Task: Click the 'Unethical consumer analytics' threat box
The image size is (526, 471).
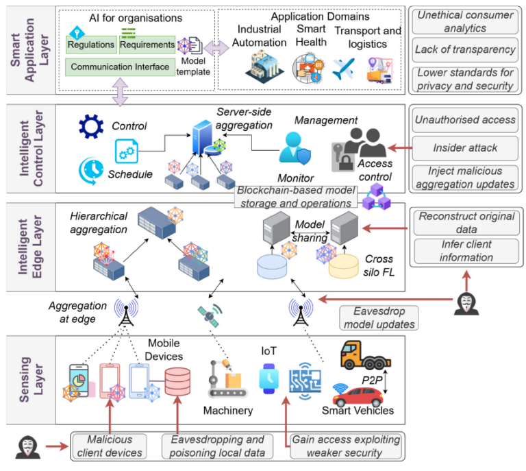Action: tap(464, 21)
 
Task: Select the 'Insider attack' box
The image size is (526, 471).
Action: tap(464, 147)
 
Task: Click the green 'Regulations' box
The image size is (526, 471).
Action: tap(90, 45)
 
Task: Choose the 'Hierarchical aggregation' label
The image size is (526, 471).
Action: tap(99, 223)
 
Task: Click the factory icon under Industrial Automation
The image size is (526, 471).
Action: tap(264, 68)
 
